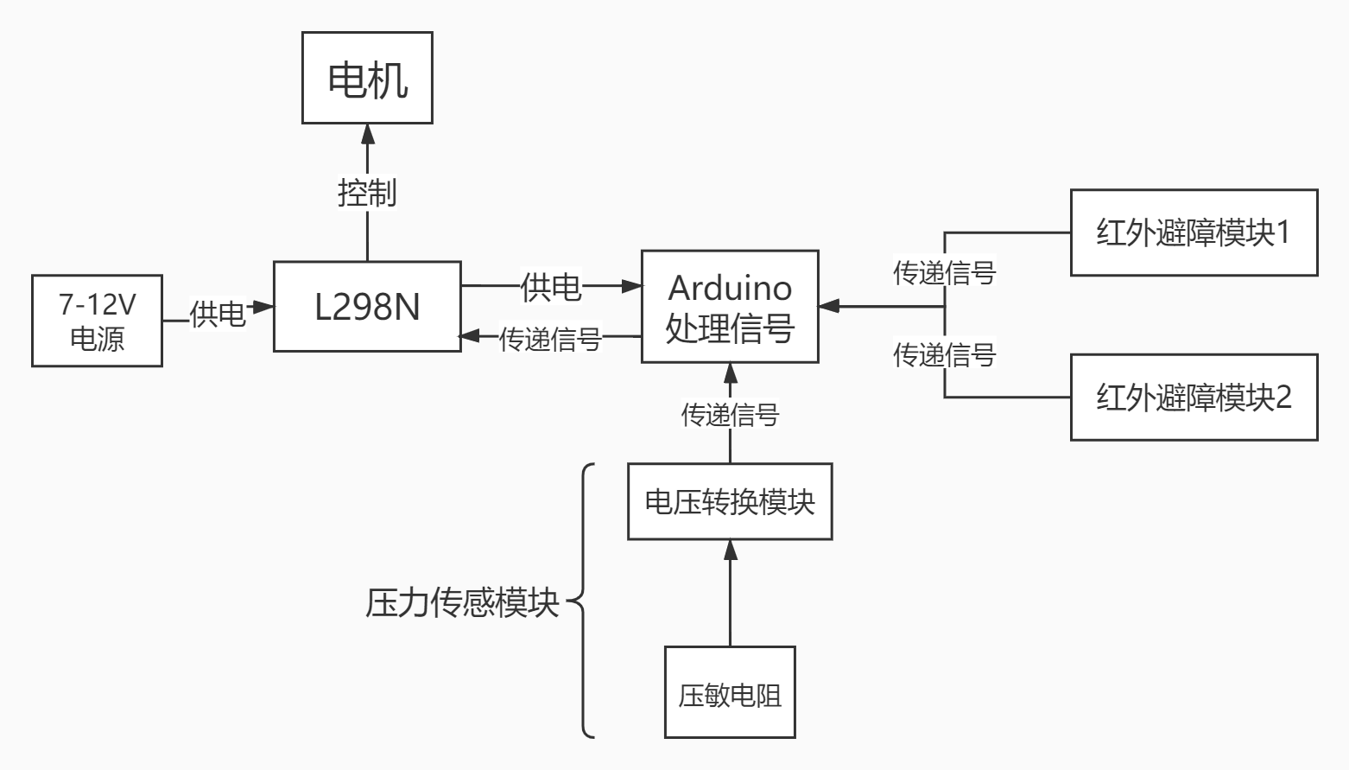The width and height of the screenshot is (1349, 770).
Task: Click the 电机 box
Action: [x=367, y=78]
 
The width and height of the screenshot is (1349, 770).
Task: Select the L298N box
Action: [x=367, y=307]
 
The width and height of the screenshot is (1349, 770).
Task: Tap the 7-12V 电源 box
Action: [x=97, y=321]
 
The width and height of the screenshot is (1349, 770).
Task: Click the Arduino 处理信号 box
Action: [x=730, y=307]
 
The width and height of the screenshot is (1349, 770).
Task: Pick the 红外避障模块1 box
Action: [x=1194, y=232]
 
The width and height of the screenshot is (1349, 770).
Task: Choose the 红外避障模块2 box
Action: [x=1194, y=398]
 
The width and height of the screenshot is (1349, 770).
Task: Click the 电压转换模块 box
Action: [x=730, y=502]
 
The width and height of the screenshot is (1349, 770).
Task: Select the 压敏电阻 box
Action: [x=730, y=693]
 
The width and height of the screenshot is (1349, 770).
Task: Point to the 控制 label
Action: [x=367, y=192]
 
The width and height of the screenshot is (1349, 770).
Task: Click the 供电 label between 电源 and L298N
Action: [x=218, y=313]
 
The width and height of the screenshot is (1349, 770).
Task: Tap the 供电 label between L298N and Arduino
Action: [x=551, y=286]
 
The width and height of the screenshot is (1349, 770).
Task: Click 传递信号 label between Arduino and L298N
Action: [x=550, y=339]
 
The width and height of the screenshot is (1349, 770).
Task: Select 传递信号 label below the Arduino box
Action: [x=730, y=415]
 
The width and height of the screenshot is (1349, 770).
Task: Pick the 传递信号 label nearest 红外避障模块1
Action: [x=944, y=273]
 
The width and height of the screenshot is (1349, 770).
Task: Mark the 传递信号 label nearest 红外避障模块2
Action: [x=944, y=354]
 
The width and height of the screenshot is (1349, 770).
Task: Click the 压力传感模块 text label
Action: [x=462, y=602]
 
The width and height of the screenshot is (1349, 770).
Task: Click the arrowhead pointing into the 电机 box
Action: [x=368, y=133]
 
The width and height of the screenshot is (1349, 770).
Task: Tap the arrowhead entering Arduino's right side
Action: [x=829, y=306]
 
